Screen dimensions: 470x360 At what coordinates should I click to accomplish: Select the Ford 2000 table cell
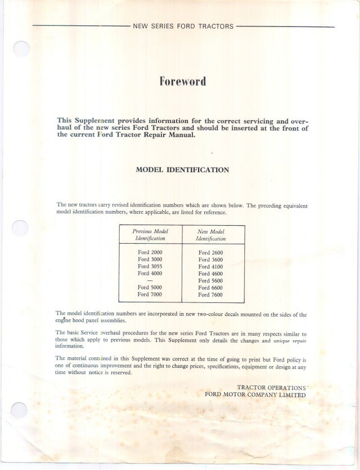[x=150, y=252]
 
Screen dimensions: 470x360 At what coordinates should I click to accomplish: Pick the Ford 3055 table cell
[x=150, y=266]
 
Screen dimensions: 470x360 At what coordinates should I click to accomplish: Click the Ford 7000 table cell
[x=150, y=293]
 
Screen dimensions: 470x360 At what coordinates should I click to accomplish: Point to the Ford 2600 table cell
[x=211, y=252]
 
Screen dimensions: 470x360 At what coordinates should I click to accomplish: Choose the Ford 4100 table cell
[x=211, y=266]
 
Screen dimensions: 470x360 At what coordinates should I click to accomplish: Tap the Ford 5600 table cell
[x=211, y=280]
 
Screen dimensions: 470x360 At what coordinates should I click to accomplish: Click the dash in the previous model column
[x=150, y=280]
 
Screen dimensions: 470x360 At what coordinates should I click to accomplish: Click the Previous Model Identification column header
[x=150, y=235]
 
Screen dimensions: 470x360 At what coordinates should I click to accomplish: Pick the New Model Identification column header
[x=211, y=235]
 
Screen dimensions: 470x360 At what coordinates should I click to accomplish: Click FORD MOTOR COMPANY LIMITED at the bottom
[x=255, y=394]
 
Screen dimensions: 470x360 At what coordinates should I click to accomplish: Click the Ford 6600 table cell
[x=211, y=287]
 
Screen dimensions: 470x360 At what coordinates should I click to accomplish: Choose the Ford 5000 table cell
[x=150, y=287]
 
